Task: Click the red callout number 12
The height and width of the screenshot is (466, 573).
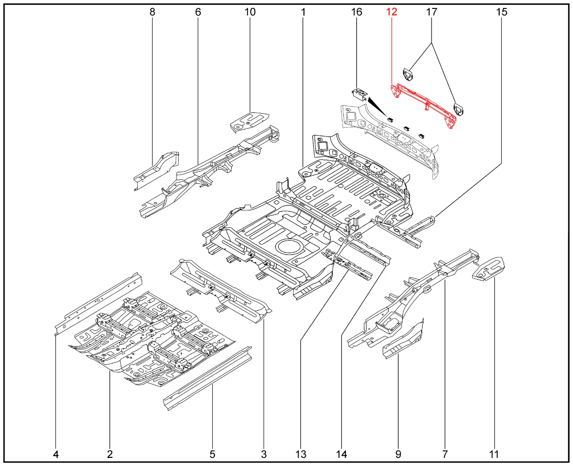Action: click(392, 12)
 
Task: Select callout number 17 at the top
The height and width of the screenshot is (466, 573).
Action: click(432, 12)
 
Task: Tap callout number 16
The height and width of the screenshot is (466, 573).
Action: click(357, 12)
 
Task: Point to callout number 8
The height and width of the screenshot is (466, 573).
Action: click(152, 12)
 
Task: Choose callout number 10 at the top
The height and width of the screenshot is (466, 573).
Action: click(250, 12)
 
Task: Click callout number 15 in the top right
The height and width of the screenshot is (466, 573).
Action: click(502, 12)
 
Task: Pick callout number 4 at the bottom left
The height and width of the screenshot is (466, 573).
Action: click(56, 454)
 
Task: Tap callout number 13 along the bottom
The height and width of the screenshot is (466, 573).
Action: click(301, 454)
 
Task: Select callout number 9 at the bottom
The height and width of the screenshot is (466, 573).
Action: click(398, 454)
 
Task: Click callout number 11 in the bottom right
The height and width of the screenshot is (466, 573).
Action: click(494, 454)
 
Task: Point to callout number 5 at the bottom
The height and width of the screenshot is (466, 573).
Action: click(212, 454)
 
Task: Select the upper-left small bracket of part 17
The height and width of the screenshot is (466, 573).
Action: click(408, 74)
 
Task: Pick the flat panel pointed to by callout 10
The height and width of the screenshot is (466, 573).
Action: click(250, 122)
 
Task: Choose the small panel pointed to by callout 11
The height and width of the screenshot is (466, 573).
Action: click(488, 269)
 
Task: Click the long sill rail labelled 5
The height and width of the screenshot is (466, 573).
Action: click(208, 379)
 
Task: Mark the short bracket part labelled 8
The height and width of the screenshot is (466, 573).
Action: click(157, 171)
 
